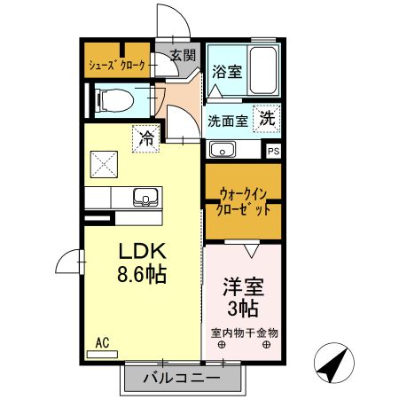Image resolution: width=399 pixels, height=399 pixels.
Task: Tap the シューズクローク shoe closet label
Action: (x=117, y=65)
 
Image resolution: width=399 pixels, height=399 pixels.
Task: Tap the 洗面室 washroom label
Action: (x=228, y=121)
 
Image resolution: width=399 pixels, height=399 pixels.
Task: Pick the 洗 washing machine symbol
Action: (x=267, y=116)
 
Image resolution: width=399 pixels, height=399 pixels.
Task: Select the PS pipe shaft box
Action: (x=274, y=151)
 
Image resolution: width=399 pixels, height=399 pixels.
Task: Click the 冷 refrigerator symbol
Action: (x=145, y=138)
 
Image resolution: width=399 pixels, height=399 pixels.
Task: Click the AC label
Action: (x=101, y=340)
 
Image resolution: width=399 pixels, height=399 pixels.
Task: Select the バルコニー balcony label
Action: (x=183, y=379)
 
